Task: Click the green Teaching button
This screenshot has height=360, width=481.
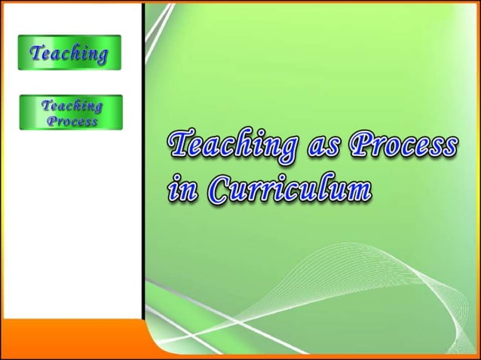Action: [x=69, y=53]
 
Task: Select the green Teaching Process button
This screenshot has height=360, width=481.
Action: [x=71, y=112]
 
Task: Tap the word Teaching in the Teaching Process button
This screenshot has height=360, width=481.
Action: [x=72, y=105]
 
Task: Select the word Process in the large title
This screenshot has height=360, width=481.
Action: [x=402, y=145]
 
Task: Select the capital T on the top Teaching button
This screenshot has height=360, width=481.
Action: [x=35, y=52]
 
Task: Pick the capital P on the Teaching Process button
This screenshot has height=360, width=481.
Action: [x=52, y=121]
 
